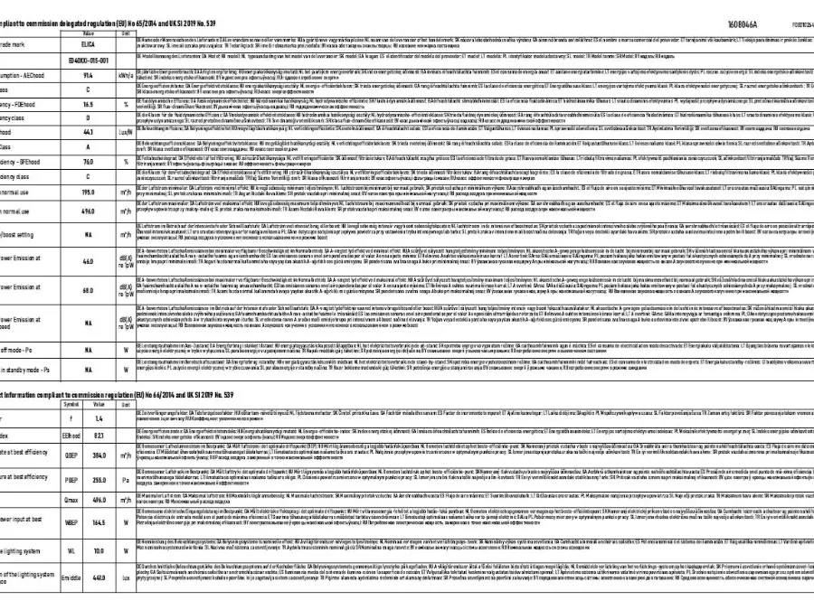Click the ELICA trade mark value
tap(89, 42)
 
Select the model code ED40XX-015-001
tap(89, 60)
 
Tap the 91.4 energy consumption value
tap(89, 77)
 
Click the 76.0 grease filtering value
tap(89, 162)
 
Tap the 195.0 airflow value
tap(89, 192)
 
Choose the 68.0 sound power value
tap(89, 291)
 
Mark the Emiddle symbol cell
tap(47, 577)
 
